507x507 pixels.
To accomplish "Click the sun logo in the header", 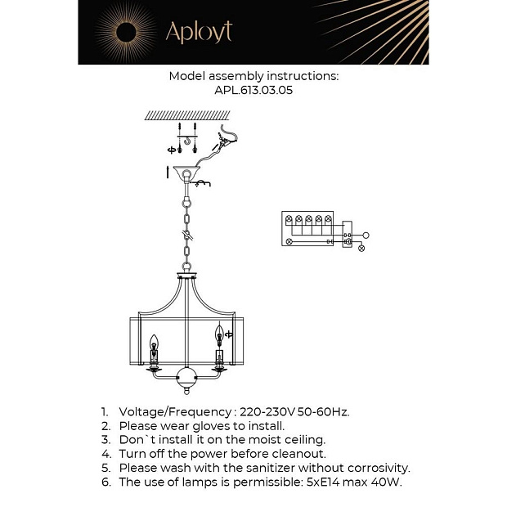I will (x=128, y=33).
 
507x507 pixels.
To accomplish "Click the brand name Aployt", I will (x=199, y=32).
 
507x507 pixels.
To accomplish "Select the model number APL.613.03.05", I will (x=253, y=91).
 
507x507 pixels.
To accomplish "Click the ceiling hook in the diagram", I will (x=188, y=146).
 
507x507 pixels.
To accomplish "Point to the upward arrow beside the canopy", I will (x=168, y=171).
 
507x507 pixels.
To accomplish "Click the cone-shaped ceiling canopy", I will (x=187, y=174).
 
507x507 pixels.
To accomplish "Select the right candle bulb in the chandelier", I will (x=218, y=335).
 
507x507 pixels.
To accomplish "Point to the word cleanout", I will (x=298, y=453).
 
